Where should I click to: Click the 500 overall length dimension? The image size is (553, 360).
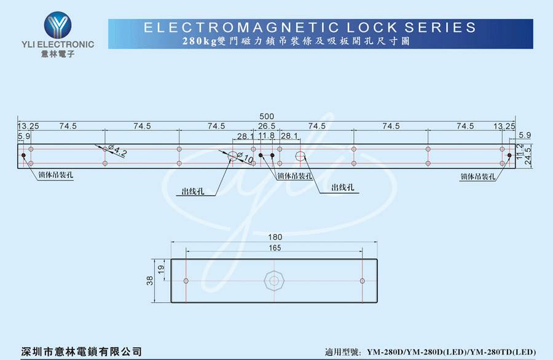pyautogui.click(x=267, y=116)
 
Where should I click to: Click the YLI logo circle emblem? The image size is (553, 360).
pyautogui.click(x=58, y=25)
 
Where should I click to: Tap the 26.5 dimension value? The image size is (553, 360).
pyautogui.click(x=267, y=126)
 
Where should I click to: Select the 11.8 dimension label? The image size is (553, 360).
pyautogui.click(x=266, y=136)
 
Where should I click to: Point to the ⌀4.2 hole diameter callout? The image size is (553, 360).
pyautogui.click(x=117, y=151)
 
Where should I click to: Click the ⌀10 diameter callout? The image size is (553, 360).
pyautogui.click(x=245, y=158)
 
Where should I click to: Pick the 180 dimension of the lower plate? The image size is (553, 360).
pyautogui.click(x=275, y=237)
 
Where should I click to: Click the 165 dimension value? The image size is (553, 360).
pyautogui.click(x=275, y=248)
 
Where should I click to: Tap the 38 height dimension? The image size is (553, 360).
pyautogui.click(x=150, y=281)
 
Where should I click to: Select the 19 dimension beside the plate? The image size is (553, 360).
pyautogui.click(x=161, y=270)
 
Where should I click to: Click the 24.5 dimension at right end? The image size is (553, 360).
pyautogui.click(x=528, y=156)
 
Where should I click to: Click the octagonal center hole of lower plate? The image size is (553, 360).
pyautogui.click(x=274, y=281)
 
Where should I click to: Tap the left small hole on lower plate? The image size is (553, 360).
pyautogui.click(x=186, y=281)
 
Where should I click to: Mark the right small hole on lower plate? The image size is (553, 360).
pyautogui.click(x=362, y=281)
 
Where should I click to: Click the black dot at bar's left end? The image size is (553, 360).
pyautogui.click(x=23, y=155)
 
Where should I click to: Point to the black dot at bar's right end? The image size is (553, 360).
pyautogui.click(x=509, y=155)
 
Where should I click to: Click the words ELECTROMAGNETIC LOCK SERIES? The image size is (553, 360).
pyautogui.click(x=310, y=28)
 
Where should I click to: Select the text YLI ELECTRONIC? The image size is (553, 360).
pyautogui.click(x=58, y=44)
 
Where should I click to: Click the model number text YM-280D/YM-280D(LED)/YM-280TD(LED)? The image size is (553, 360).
pyautogui.click(x=452, y=352)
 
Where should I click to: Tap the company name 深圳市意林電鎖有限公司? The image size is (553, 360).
pyautogui.click(x=82, y=351)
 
